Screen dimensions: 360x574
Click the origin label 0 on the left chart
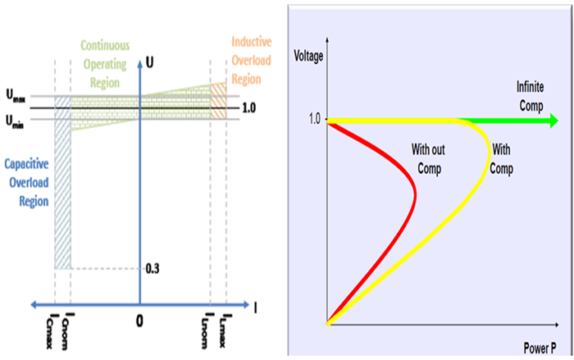(140, 318)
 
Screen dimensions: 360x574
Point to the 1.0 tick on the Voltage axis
(312, 120)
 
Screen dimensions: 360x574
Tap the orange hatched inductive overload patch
(218, 100)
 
